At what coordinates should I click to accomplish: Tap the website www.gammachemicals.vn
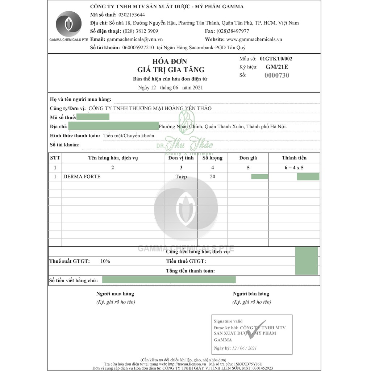click(x=254, y=39)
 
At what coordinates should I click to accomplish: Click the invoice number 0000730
click(x=277, y=75)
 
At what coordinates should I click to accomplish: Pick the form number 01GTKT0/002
click(x=276, y=58)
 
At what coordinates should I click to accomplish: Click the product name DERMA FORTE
click(x=82, y=177)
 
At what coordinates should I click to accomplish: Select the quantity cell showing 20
click(x=212, y=177)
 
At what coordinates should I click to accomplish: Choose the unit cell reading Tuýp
click(x=181, y=177)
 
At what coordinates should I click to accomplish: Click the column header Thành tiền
click(x=294, y=158)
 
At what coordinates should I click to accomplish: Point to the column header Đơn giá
click(x=248, y=158)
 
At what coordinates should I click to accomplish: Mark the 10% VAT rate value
click(x=105, y=261)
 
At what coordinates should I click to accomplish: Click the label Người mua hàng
click(x=115, y=294)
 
